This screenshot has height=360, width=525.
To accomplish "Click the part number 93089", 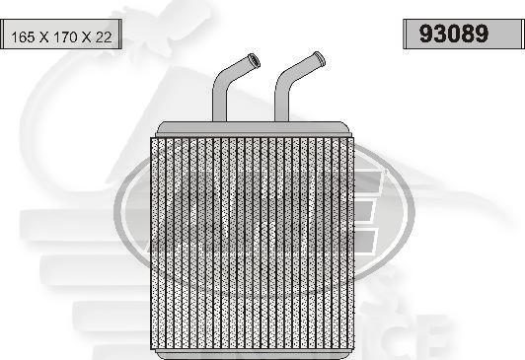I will point(454,35).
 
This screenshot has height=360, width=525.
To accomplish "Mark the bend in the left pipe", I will point(223,78).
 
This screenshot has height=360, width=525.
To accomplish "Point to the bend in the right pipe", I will point(284,76).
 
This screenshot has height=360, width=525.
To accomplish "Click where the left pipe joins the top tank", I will point(220,120).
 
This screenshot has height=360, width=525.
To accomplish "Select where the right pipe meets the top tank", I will point(282,120).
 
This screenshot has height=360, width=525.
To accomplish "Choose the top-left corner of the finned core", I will point(151,138).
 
